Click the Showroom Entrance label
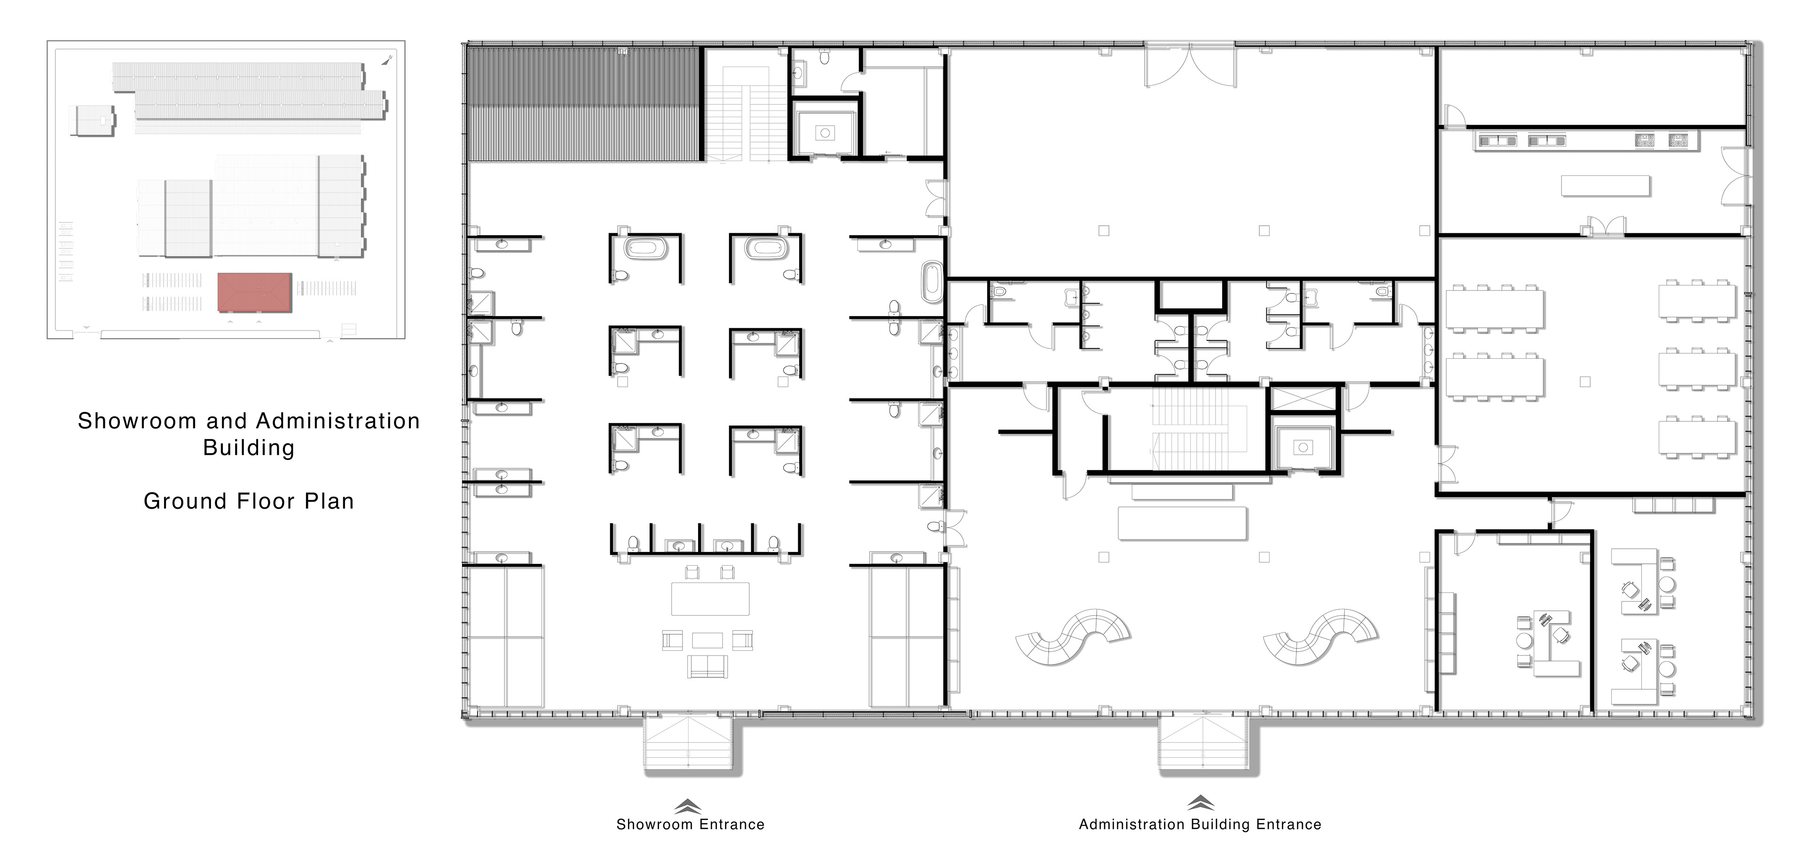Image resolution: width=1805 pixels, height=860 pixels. click(690, 824)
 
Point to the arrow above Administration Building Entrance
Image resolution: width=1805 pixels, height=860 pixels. click(1201, 803)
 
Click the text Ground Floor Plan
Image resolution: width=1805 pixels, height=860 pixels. click(249, 501)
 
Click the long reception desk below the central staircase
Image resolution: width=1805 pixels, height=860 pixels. click(1182, 523)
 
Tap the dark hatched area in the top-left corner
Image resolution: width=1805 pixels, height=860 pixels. click(585, 104)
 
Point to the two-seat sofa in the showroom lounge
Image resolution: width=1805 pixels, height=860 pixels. click(708, 667)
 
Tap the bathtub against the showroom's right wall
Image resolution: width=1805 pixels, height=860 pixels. click(932, 283)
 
